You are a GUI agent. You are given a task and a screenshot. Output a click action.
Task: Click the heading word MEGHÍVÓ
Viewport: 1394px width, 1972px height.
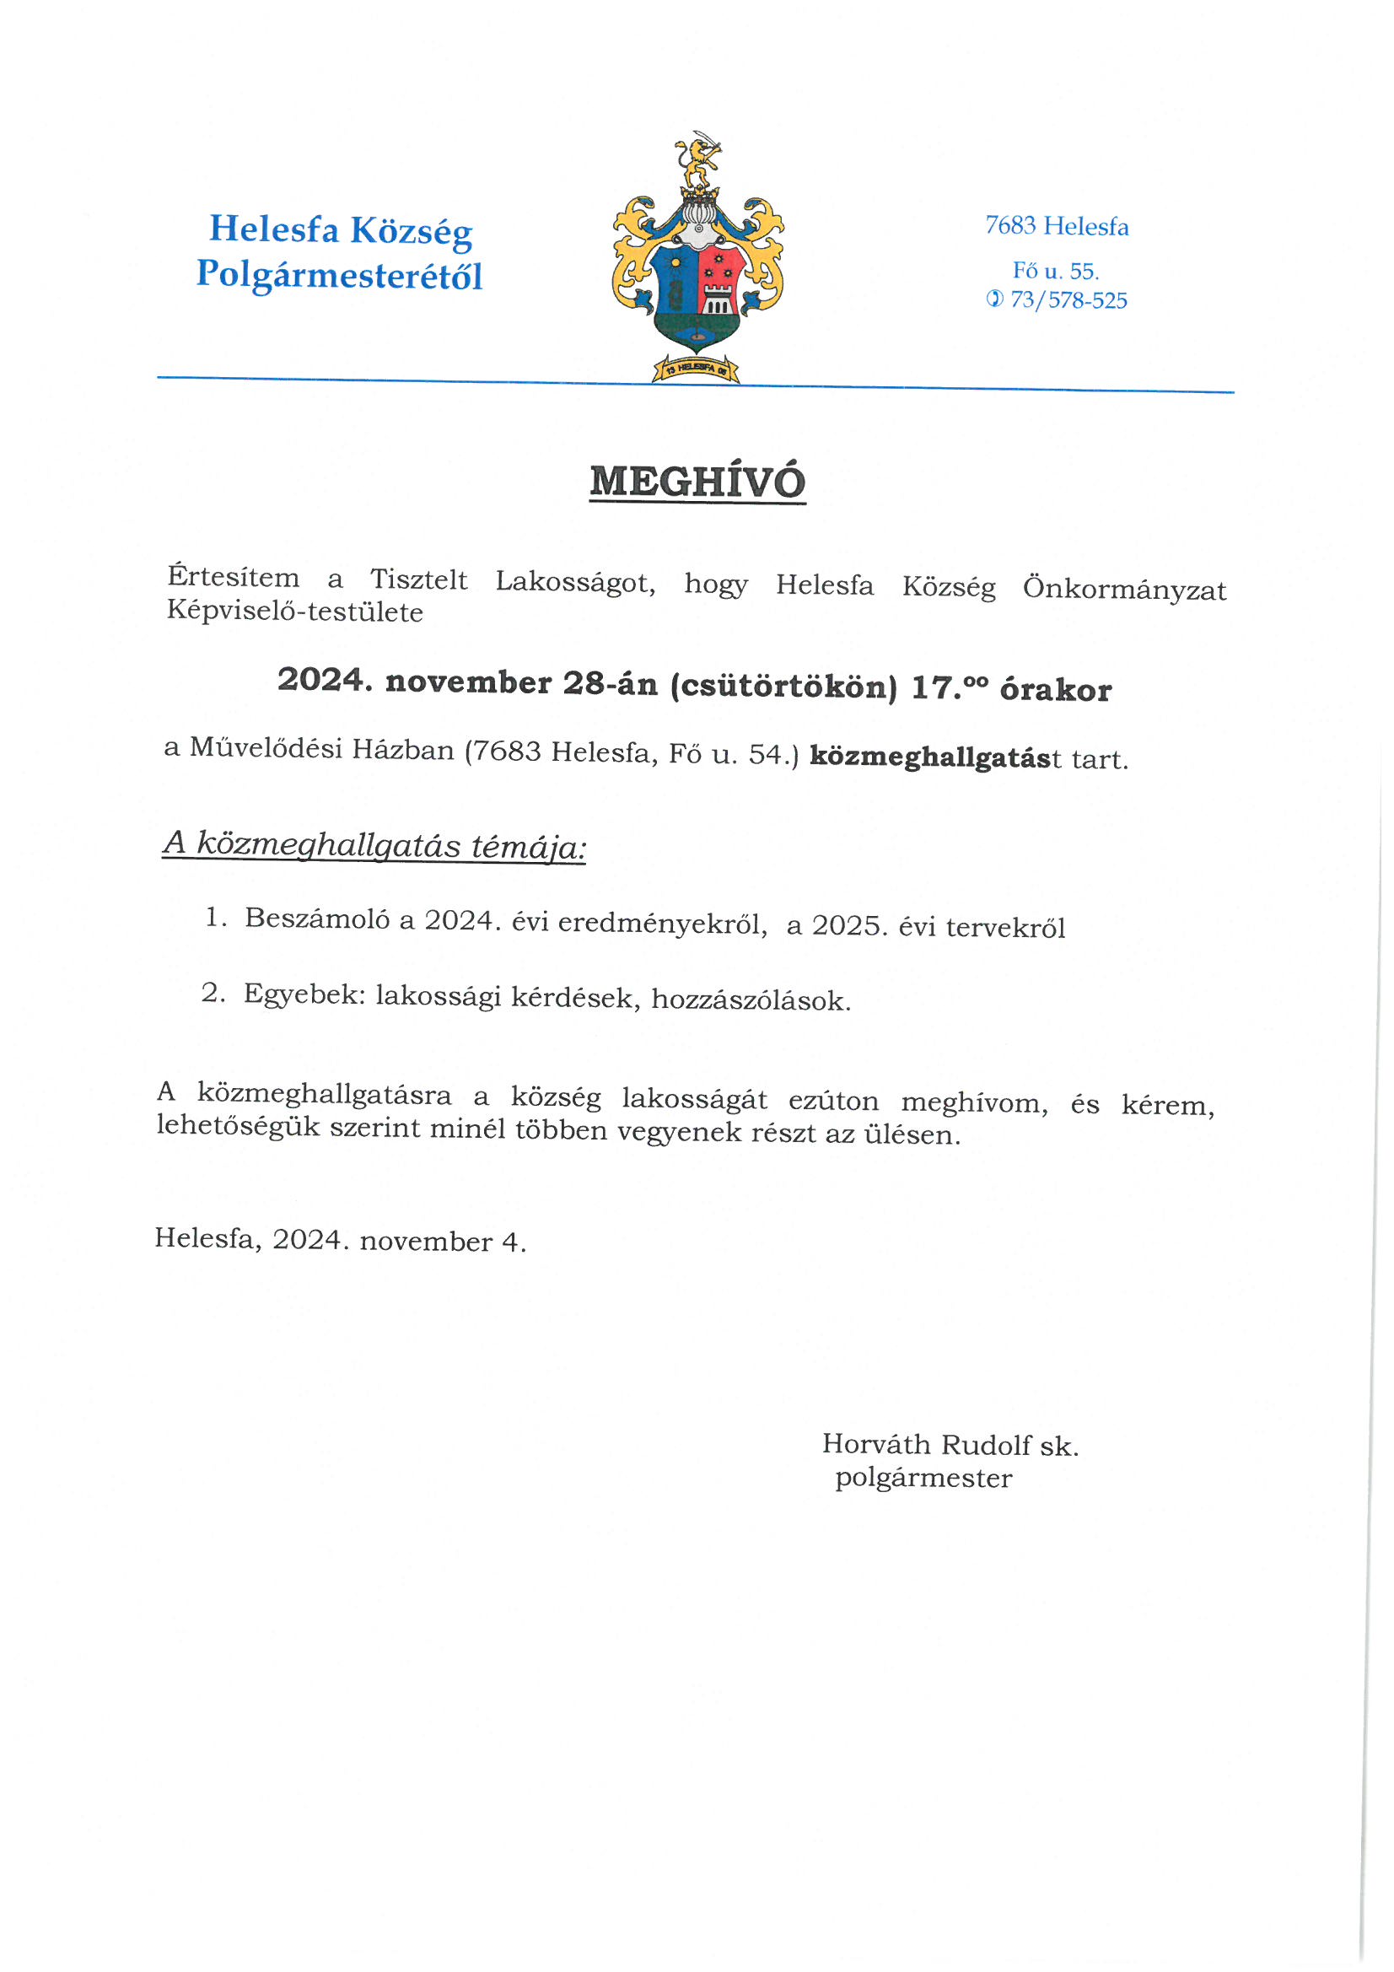[x=697, y=482]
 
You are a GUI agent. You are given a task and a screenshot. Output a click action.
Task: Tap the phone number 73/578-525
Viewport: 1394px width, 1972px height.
[x=1068, y=299]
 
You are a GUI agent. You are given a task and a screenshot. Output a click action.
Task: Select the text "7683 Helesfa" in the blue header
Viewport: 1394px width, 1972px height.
[x=1056, y=226]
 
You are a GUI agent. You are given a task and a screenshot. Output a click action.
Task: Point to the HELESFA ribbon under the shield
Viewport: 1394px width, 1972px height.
[x=696, y=369]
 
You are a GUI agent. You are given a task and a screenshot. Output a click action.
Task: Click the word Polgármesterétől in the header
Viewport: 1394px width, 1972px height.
[x=339, y=275]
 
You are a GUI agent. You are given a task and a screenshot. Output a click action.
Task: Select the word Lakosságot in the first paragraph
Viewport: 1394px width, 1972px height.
[x=574, y=581]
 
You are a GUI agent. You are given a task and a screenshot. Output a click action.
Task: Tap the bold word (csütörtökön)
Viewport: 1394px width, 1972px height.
[x=783, y=686]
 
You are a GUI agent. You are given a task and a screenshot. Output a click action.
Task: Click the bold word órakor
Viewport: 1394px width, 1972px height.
[x=1055, y=690]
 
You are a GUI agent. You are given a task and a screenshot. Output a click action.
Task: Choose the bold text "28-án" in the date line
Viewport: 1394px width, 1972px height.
[x=610, y=683]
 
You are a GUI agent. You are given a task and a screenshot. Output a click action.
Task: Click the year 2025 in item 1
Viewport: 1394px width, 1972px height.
[x=848, y=925]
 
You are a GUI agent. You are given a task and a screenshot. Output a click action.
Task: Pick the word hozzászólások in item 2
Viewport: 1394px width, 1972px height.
[x=751, y=999]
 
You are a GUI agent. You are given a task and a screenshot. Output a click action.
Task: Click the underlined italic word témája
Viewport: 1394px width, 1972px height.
[x=527, y=848]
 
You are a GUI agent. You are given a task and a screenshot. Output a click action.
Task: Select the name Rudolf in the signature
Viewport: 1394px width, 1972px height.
[x=985, y=1445]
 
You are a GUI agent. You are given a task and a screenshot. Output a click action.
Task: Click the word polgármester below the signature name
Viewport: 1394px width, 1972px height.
[x=923, y=1478]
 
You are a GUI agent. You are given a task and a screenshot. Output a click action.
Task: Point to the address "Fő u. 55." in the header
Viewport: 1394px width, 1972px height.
[x=1055, y=271]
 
